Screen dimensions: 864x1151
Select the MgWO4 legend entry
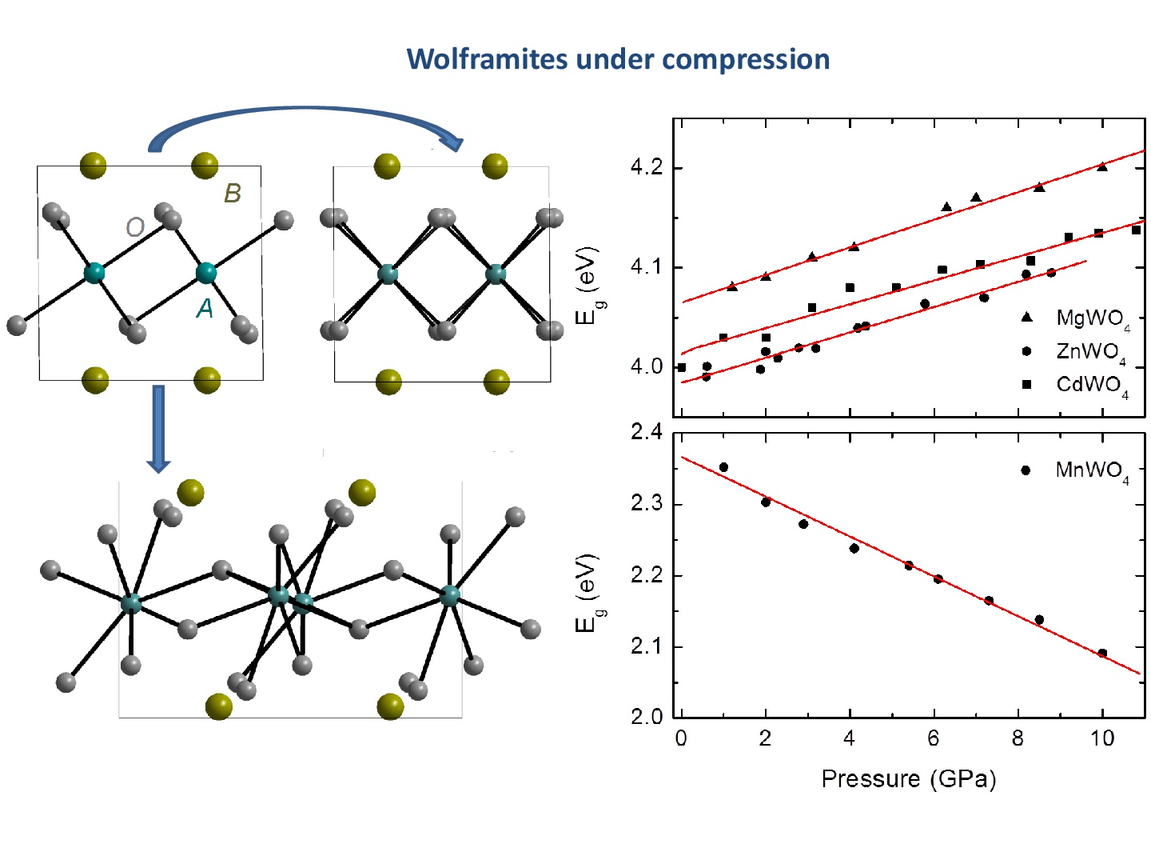click(x=1091, y=318)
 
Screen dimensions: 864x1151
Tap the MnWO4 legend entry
click(x=1091, y=470)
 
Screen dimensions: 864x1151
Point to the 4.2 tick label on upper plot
click(x=647, y=167)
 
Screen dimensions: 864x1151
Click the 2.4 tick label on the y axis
click(x=647, y=433)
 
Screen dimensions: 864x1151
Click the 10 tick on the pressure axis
click(x=1102, y=738)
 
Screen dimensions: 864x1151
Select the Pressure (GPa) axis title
click(x=909, y=778)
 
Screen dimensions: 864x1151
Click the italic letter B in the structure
click(x=232, y=193)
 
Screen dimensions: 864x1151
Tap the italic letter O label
click(x=134, y=228)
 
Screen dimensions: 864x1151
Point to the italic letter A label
click(x=205, y=308)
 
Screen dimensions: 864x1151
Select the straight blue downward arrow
click(x=158, y=428)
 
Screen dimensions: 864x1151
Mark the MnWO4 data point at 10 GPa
click(x=1102, y=653)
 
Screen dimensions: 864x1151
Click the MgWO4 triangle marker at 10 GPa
click(x=1102, y=166)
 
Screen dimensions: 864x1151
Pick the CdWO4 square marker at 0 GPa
click(x=682, y=367)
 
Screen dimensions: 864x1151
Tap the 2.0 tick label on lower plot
click(x=647, y=716)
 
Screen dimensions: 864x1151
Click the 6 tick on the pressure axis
click(x=933, y=738)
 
